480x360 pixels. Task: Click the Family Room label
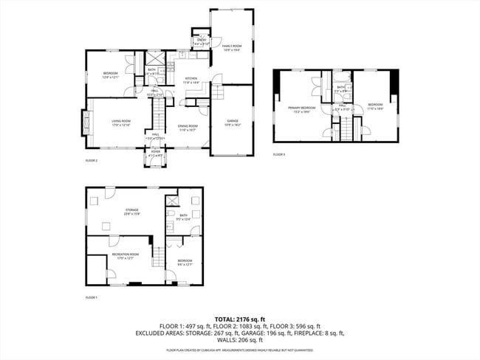tap(232, 48)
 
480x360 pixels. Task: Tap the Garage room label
tap(232, 123)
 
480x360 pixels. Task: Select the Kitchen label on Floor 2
tap(191, 80)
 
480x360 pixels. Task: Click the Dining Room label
tap(187, 128)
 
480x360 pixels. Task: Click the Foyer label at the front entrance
tap(156, 153)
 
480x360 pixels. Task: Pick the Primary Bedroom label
tap(301, 109)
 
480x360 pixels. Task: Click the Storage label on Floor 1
tap(132, 212)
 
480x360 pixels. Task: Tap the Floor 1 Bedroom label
tap(185, 263)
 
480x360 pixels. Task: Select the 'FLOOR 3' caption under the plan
tap(279, 155)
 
